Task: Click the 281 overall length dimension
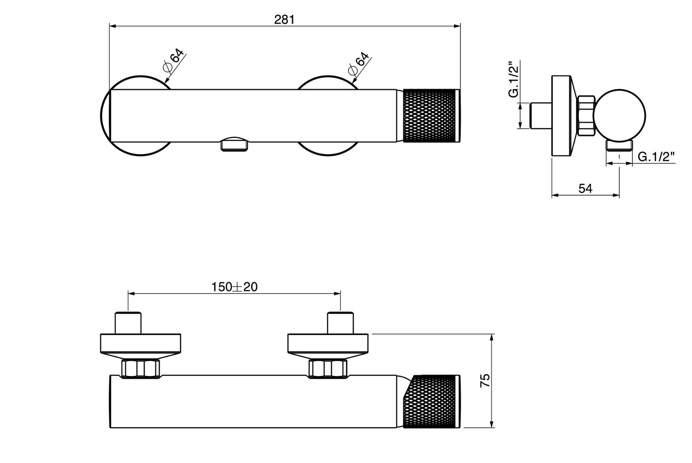click(x=284, y=20)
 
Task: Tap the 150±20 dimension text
click(x=235, y=287)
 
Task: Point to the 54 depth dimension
click(x=585, y=189)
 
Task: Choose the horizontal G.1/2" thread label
click(x=656, y=157)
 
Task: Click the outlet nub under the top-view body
click(x=234, y=145)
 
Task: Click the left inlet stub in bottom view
click(x=128, y=323)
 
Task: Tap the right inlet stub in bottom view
click(x=340, y=323)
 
